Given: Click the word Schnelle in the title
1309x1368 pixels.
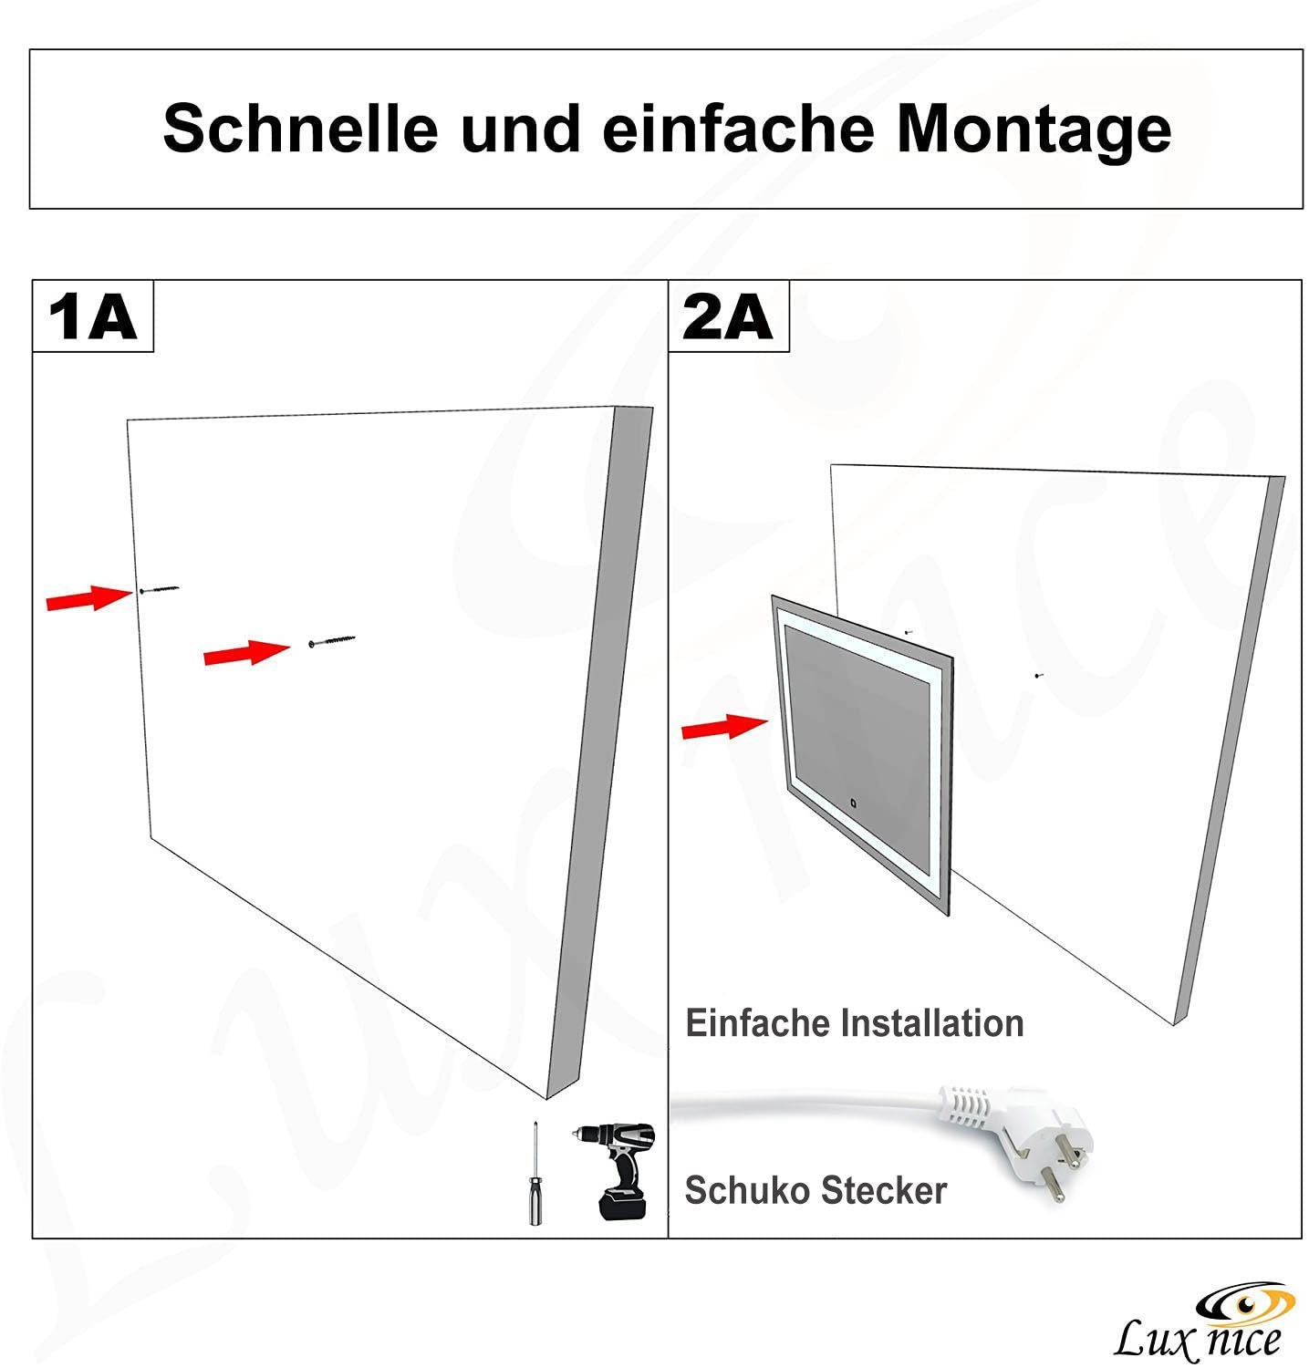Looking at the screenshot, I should pos(300,129).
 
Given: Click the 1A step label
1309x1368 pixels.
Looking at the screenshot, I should pos(92,316).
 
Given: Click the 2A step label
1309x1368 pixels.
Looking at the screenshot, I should pos(728,316).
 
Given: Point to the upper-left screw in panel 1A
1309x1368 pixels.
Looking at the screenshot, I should pos(160,590).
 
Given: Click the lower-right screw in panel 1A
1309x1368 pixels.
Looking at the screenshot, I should pos(332,641).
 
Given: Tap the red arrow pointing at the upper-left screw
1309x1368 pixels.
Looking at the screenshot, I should pos(89,598).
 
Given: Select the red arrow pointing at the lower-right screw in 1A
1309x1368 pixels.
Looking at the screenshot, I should pos(245,652).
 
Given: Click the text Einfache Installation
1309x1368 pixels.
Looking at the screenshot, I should pos(854,1023).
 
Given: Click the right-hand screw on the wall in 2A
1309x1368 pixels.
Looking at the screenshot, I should pos(1038,676).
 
